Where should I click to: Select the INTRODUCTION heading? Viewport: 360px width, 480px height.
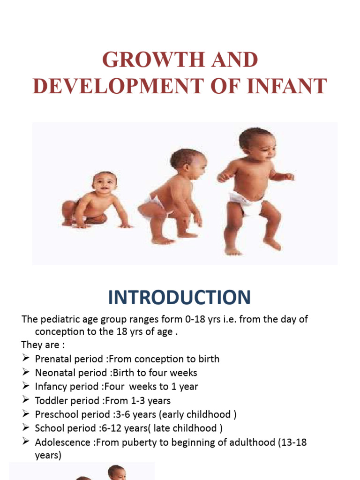point(180,298)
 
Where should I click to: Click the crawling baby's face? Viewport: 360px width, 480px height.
point(104,182)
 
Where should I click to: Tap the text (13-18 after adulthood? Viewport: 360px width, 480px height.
point(289,442)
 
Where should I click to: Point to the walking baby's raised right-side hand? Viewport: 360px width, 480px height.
point(289,176)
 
